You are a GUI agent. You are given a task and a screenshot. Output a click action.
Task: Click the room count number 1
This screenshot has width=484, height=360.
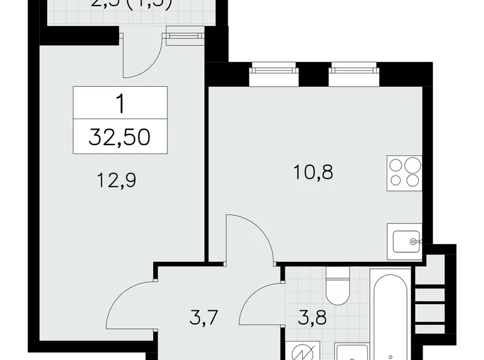(x=120, y=102)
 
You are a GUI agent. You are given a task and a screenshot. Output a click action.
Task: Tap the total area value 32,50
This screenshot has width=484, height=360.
(x=120, y=137)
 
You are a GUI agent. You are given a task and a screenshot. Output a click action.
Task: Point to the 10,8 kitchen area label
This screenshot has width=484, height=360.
(x=313, y=171)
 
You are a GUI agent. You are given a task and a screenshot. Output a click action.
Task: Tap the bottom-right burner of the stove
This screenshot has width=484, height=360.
(x=413, y=181)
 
